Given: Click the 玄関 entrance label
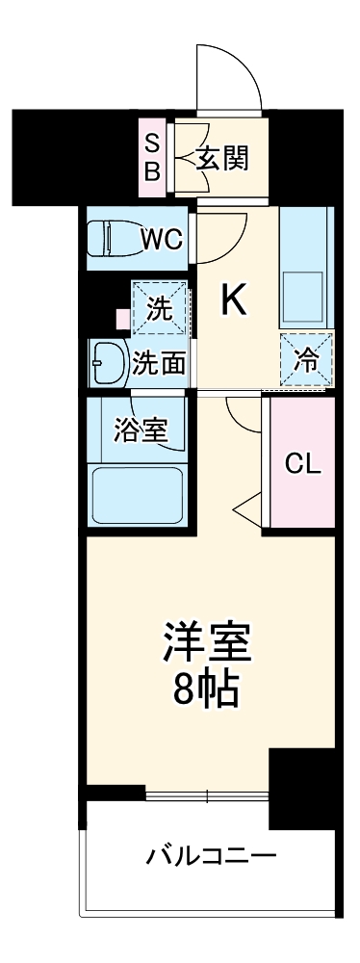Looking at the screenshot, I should tap(222, 158).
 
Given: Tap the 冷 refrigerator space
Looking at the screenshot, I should tap(306, 360).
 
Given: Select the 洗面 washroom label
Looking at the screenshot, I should tap(159, 364).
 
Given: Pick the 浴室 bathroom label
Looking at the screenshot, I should tap(139, 430).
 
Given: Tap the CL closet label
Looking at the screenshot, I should tap(302, 463).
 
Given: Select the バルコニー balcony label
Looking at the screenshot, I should tap(212, 855).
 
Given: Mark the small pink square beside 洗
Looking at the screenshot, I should tap(121, 316).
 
